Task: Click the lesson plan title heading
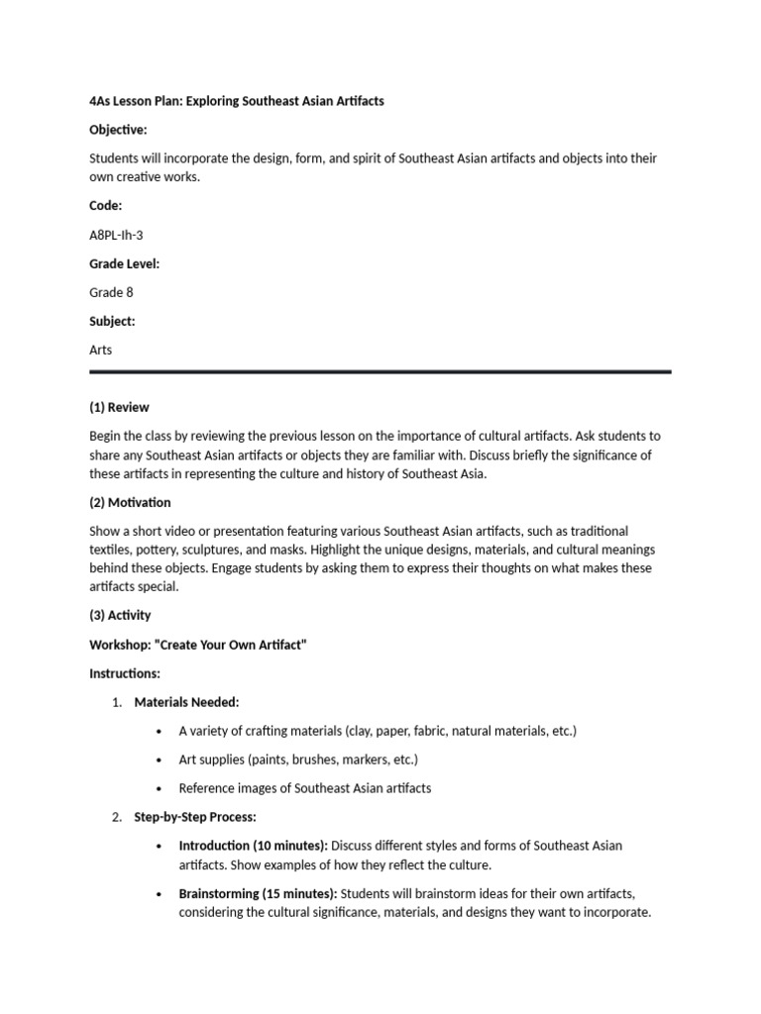point(236,101)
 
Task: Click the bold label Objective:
point(118,130)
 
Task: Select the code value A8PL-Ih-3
point(123,235)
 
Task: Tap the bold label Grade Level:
point(124,263)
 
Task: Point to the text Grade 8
point(112,292)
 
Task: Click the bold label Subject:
point(112,321)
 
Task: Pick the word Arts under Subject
point(102,350)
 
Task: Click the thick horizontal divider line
point(380,372)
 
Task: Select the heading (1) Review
point(119,407)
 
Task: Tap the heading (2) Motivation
point(130,502)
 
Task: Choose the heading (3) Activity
point(120,615)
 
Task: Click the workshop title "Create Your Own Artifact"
point(198,645)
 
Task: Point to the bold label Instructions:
point(124,673)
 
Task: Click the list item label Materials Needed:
point(186,702)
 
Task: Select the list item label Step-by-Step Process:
point(195,817)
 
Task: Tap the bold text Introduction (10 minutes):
point(253,846)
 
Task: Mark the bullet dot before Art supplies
point(159,760)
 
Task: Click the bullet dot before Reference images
point(159,788)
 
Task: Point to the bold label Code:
point(106,206)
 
